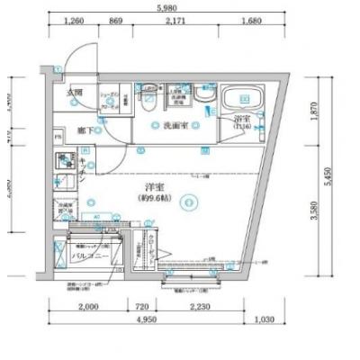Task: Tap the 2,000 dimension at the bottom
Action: tap(87, 305)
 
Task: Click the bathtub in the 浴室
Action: tap(239, 100)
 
